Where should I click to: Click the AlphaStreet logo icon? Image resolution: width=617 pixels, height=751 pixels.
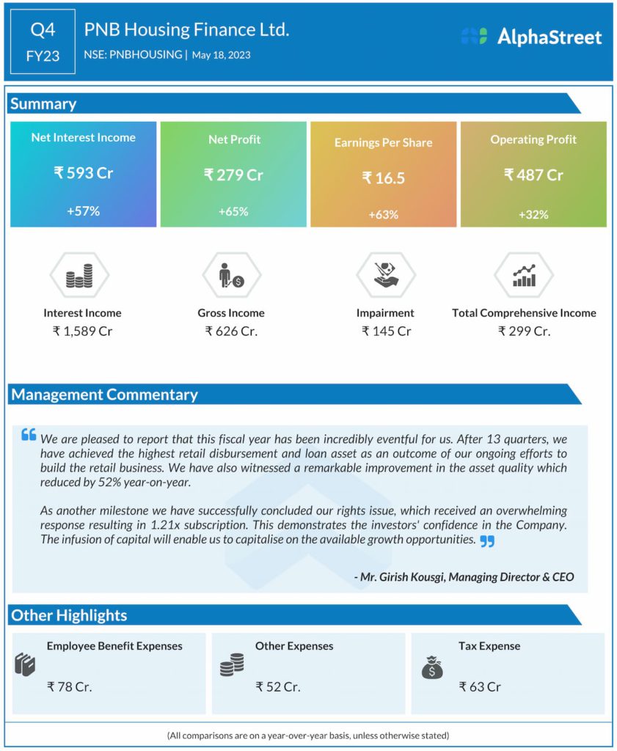click(474, 37)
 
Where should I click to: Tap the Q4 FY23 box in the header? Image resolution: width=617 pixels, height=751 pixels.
click(43, 42)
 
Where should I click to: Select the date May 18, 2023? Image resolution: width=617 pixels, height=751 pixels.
click(221, 55)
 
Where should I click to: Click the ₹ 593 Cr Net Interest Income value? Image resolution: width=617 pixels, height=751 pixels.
click(83, 173)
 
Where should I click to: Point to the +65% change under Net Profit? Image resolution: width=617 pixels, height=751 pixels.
click(233, 211)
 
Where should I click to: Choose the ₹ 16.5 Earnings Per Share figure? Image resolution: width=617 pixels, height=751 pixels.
click(384, 178)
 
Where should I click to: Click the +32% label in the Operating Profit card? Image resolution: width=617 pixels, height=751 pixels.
click(533, 214)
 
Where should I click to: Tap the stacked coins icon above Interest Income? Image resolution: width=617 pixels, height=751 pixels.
click(79, 276)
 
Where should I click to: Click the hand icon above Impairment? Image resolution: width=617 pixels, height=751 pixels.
click(384, 275)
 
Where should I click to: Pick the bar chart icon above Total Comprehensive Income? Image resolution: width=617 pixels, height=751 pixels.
click(524, 275)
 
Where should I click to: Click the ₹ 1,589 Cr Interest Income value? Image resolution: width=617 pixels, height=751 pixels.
click(82, 331)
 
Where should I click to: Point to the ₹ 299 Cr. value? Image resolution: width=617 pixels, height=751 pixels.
click(524, 331)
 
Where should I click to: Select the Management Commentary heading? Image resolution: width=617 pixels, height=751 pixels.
click(104, 395)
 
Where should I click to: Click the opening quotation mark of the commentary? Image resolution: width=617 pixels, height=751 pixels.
click(29, 435)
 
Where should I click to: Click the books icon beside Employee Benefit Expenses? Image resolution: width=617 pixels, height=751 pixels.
click(25, 664)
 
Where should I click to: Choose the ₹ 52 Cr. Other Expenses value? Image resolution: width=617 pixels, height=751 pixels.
click(278, 686)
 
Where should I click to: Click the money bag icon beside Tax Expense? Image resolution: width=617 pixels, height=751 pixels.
click(431, 667)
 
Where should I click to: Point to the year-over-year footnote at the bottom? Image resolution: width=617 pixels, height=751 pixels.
click(308, 735)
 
